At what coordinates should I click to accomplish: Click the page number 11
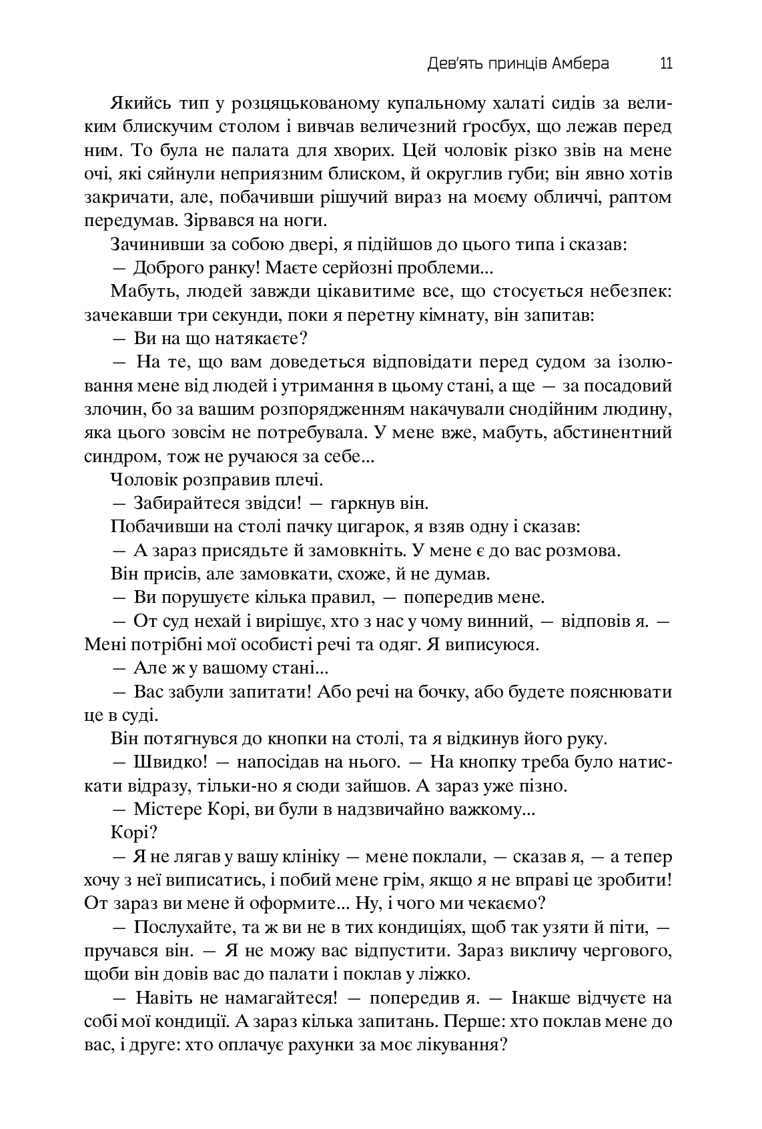[x=665, y=64]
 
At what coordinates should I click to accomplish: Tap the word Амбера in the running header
[x=581, y=64]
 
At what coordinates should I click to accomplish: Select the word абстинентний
[x=615, y=432]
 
